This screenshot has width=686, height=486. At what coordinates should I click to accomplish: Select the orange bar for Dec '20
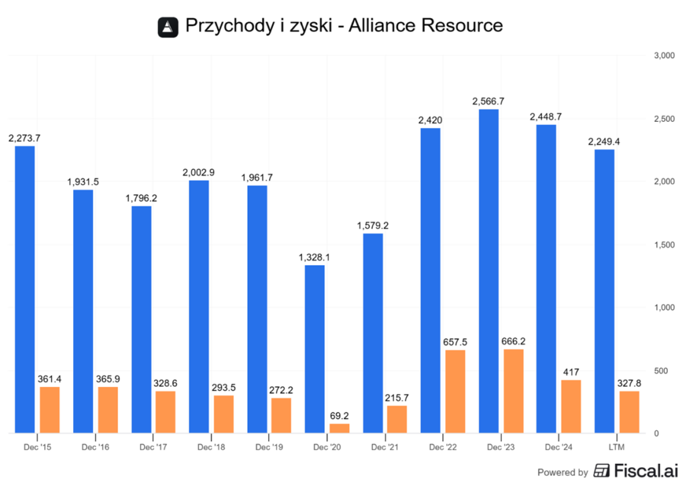pyautogui.click(x=340, y=428)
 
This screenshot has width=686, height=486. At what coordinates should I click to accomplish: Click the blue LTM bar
pyautogui.click(x=604, y=291)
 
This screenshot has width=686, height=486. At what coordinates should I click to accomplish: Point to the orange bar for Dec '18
pyautogui.click(x=224, y=414)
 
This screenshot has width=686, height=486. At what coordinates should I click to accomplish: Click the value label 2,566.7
pyautogui.click(x=488, y=101)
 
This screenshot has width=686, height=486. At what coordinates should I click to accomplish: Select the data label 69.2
pyautogui.click(x=340, y=415)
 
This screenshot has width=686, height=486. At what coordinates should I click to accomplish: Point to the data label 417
pyautogui.click(x=571, y=372)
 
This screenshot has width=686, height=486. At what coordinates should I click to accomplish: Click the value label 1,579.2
pyautogui.click(x=372, y=225)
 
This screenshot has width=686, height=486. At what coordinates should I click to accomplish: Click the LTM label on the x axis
pyautogui.click(x=616, y=446)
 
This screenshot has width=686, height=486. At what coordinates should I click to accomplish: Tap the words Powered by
pyautogui.click(x=563, y=471)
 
